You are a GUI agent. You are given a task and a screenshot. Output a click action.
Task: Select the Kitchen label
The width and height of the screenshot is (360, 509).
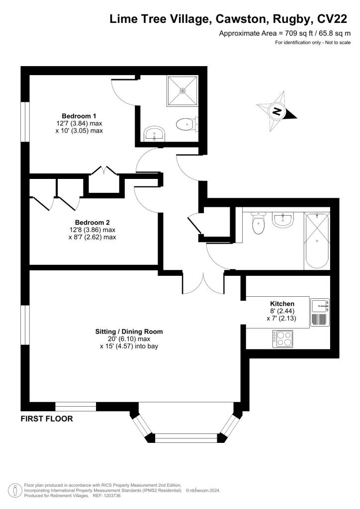pyautogui.click(x=282, y=304)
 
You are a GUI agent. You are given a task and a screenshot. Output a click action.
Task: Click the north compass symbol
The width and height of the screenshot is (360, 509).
pyautogui.click(x=277, y=112)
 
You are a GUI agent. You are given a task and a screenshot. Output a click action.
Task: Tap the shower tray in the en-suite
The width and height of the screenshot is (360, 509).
pyautogui.click(x=182, y=90)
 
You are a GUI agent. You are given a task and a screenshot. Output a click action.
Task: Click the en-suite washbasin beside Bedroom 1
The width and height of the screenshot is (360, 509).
pyautogui.click(x=154, y=133)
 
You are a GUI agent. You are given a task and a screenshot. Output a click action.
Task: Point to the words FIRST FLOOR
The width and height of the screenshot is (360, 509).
pyautogui.click(x=47, y=419)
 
